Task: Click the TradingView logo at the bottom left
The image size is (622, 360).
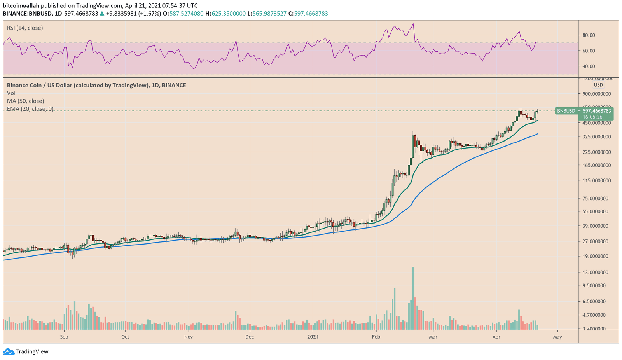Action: click(26, 351)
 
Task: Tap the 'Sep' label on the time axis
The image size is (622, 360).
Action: click(64, 337)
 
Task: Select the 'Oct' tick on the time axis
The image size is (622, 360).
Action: click(125, 337)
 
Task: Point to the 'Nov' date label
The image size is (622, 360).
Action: click(188, 337)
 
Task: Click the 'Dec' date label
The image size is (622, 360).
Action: click(250, 337)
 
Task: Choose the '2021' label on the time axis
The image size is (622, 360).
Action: click(313, 337)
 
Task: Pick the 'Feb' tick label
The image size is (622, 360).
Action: click(376, 337)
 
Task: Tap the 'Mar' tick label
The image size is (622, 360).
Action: click(433, 337)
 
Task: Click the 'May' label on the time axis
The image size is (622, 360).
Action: click(557, 337)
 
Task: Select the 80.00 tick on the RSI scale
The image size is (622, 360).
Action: click(589, 35)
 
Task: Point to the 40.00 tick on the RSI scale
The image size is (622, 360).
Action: click(589, 66)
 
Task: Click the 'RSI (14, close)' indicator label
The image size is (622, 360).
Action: click(25, 28)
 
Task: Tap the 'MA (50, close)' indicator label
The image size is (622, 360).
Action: click(26, 101)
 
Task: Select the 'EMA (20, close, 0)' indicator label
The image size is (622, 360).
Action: click(30, 109)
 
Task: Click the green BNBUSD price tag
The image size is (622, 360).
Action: click(566, 111)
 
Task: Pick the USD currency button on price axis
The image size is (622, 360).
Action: click(598, 85)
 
